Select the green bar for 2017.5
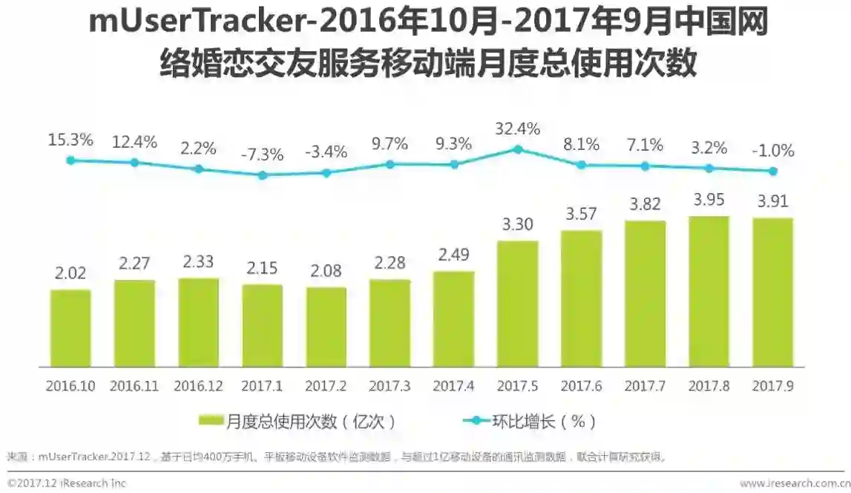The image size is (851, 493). coord(517,304)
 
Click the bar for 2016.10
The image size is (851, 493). coord(70,328)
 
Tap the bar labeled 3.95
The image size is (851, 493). coord(709,292)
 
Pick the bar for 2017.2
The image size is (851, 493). coord(326,327)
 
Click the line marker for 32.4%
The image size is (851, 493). coord(518,149)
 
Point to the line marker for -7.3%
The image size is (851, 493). coord(262,176)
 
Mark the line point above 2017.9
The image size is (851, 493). coord(773,171)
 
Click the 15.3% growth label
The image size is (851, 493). coord(70,140)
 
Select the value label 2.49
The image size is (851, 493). coord(453,255)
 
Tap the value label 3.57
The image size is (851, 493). coord(581,215)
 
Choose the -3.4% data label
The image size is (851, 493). coord(326,152)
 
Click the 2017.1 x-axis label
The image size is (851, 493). coord(262,387)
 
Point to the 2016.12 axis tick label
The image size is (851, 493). coord(198,387)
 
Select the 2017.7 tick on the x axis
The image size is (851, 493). coord(645,387)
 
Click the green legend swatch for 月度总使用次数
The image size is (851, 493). coord(211,421)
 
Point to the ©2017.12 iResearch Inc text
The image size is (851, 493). coord(67,483)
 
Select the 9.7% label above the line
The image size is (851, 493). coord(390,144)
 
